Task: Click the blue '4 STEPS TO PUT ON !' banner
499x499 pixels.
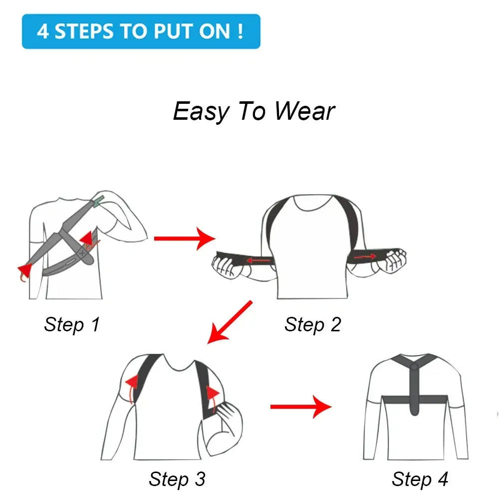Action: [x=141, y=31]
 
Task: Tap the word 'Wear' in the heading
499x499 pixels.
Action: [x=304, y=111]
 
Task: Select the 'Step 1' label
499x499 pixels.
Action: [x=72, y=324]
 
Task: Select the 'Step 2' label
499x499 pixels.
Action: [x=312, y=324]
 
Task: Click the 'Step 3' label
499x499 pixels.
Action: [x=177, y=479]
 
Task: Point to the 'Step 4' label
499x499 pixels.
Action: [x=420, y=479]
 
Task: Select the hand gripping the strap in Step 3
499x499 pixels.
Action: [x=227, y=417]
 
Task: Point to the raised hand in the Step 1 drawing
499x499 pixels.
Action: [x=107, y=197]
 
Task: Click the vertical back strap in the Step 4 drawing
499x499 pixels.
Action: [x=414, y=389]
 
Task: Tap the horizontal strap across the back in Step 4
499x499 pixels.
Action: [x=394, y=399]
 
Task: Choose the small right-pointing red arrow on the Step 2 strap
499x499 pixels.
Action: [x=366, y=256]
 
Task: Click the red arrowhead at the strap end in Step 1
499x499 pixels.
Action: [x=23, y=271]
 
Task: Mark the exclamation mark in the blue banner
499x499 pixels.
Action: [x=241, y=31]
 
